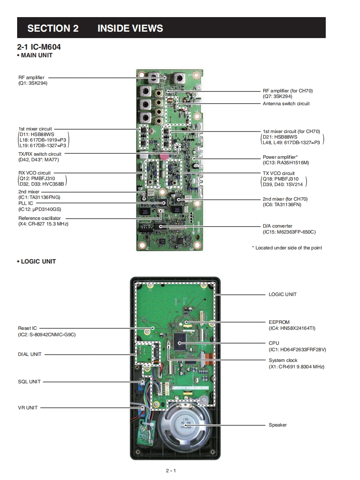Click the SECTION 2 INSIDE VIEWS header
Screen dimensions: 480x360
click(x=95, y=29)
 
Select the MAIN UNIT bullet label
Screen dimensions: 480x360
click(x=35, y=55)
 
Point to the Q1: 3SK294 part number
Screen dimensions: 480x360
click(x=33, y=83)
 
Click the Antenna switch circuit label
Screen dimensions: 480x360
click(x=286, y=104)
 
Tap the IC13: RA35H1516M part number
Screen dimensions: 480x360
click(x=286, y=163)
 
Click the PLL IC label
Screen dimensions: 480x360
click(x=26, y=203)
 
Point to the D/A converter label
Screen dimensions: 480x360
click(x=277, y=226)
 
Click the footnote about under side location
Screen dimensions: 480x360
click(x=287, y=248)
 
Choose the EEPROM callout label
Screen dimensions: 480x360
click(x=279, y=322)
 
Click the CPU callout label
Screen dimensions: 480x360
click(x=274, y=343)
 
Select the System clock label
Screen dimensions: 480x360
click(x=283, y=360)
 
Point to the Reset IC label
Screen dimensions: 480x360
click(x=27, y=328)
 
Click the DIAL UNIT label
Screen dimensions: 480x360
click(x=30, y=354)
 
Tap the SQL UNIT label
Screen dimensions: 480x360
click(x=29, y=382)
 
